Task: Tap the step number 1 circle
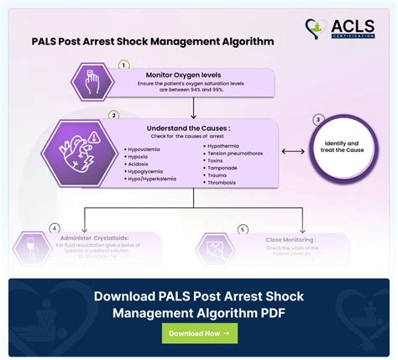coord(123,64)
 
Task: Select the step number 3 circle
coord(318,120)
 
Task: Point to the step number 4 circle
coord(54,227)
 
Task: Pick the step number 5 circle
coord(243,228)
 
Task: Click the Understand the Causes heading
coord(193,128)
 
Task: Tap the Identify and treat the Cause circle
coord(343,150)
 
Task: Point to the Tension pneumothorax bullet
coord(238,154)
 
